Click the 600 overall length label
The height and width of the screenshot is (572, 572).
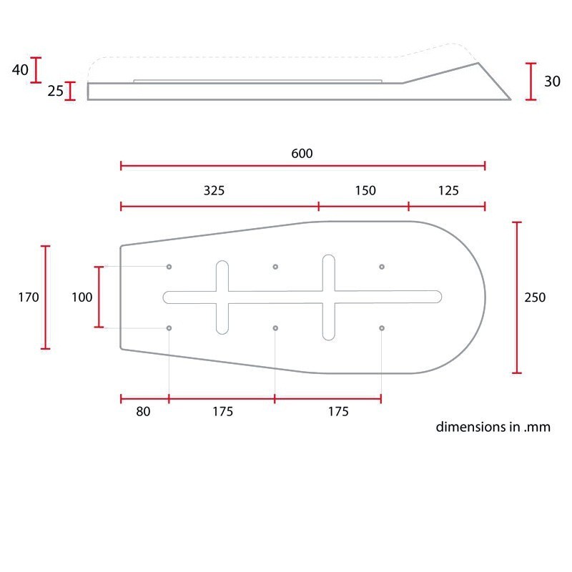tap(302, 153)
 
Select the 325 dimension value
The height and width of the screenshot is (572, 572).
tap(214, 190)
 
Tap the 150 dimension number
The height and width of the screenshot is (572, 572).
tap(365, 190)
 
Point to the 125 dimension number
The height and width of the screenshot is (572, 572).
tap(448, 190)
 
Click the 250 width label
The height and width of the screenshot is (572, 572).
tap(535, 297)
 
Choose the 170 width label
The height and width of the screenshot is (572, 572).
tap(29, 297)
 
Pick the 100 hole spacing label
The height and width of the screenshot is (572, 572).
tap(82, 297)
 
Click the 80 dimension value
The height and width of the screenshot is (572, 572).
tap(143, 412)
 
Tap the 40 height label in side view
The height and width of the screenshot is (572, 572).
tap(20, 69)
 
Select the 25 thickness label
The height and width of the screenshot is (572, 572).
tap(56, 91)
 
